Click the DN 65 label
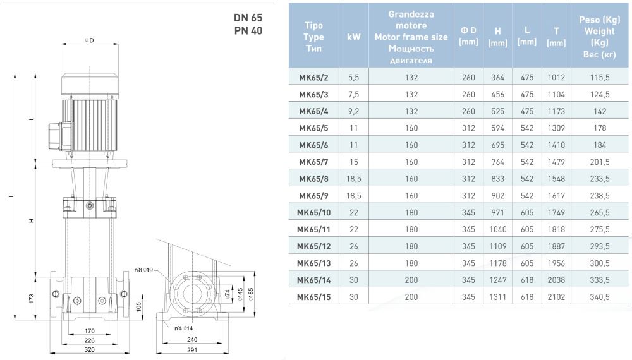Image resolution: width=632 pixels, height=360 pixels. click(x=247, y=18)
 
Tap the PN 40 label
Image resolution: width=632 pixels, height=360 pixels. click(x=247, y=30)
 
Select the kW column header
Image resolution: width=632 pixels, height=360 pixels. click(x=354, y=37)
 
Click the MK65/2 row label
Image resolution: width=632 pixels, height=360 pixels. click(x=313, y=78)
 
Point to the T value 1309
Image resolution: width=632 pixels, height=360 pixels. click(x=556, y=128)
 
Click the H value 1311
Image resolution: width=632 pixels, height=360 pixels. click(x=498, y=296)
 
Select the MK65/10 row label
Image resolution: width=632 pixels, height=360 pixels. click(x=313, y=212)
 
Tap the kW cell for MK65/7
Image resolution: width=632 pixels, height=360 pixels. click(x=354, y=162)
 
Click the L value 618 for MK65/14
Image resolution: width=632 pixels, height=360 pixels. click(x=526, y=280)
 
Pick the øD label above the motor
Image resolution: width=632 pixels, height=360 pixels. click(x=88, y=40)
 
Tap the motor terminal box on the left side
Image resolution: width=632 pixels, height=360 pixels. click(x=55, y=133)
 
